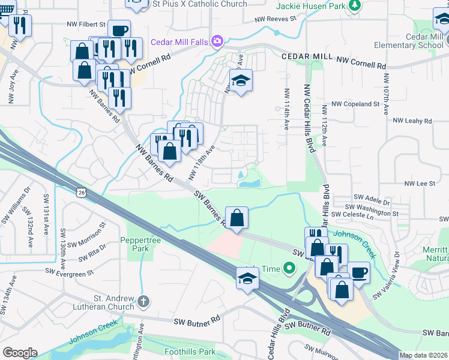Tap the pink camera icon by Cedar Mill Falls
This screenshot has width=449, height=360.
point(217,41)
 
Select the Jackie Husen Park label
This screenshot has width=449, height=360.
point(312,5)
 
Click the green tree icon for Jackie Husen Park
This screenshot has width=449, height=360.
point(355,5)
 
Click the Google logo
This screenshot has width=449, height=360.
point(20,353)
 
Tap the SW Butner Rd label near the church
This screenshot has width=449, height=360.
point(193,323)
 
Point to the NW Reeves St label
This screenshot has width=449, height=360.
point(276,19)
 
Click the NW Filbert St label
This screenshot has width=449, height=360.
point(86,25)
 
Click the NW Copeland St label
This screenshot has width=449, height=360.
point(357,104)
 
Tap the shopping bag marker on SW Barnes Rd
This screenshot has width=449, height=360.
point(237,218)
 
